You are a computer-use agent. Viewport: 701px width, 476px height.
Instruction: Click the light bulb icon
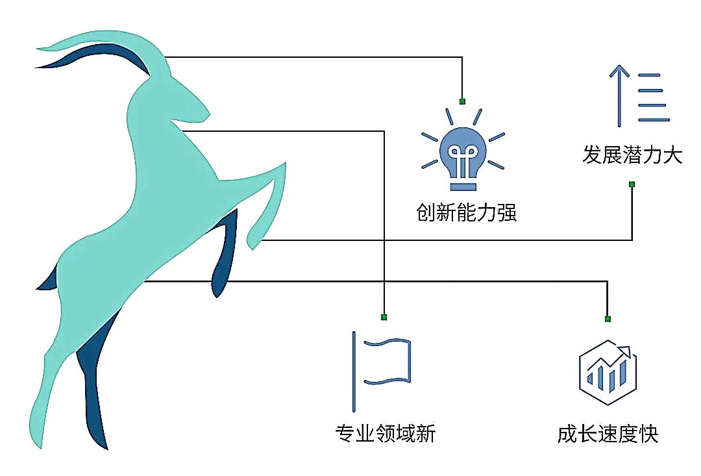462,156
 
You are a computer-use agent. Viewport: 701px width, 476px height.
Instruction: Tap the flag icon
383,371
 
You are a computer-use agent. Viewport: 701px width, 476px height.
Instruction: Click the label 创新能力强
466,213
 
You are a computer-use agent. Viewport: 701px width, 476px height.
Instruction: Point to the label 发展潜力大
632,156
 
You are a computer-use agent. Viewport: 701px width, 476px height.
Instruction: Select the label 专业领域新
385,433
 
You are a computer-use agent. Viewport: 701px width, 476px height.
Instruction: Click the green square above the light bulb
462,101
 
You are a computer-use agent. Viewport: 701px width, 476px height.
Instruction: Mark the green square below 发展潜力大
632,184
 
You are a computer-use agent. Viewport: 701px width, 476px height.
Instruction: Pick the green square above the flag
384,317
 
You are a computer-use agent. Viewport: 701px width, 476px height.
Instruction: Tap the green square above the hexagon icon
608,319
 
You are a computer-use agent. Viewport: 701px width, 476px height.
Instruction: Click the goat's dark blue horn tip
39,66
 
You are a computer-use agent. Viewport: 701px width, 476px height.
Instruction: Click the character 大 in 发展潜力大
672,156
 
